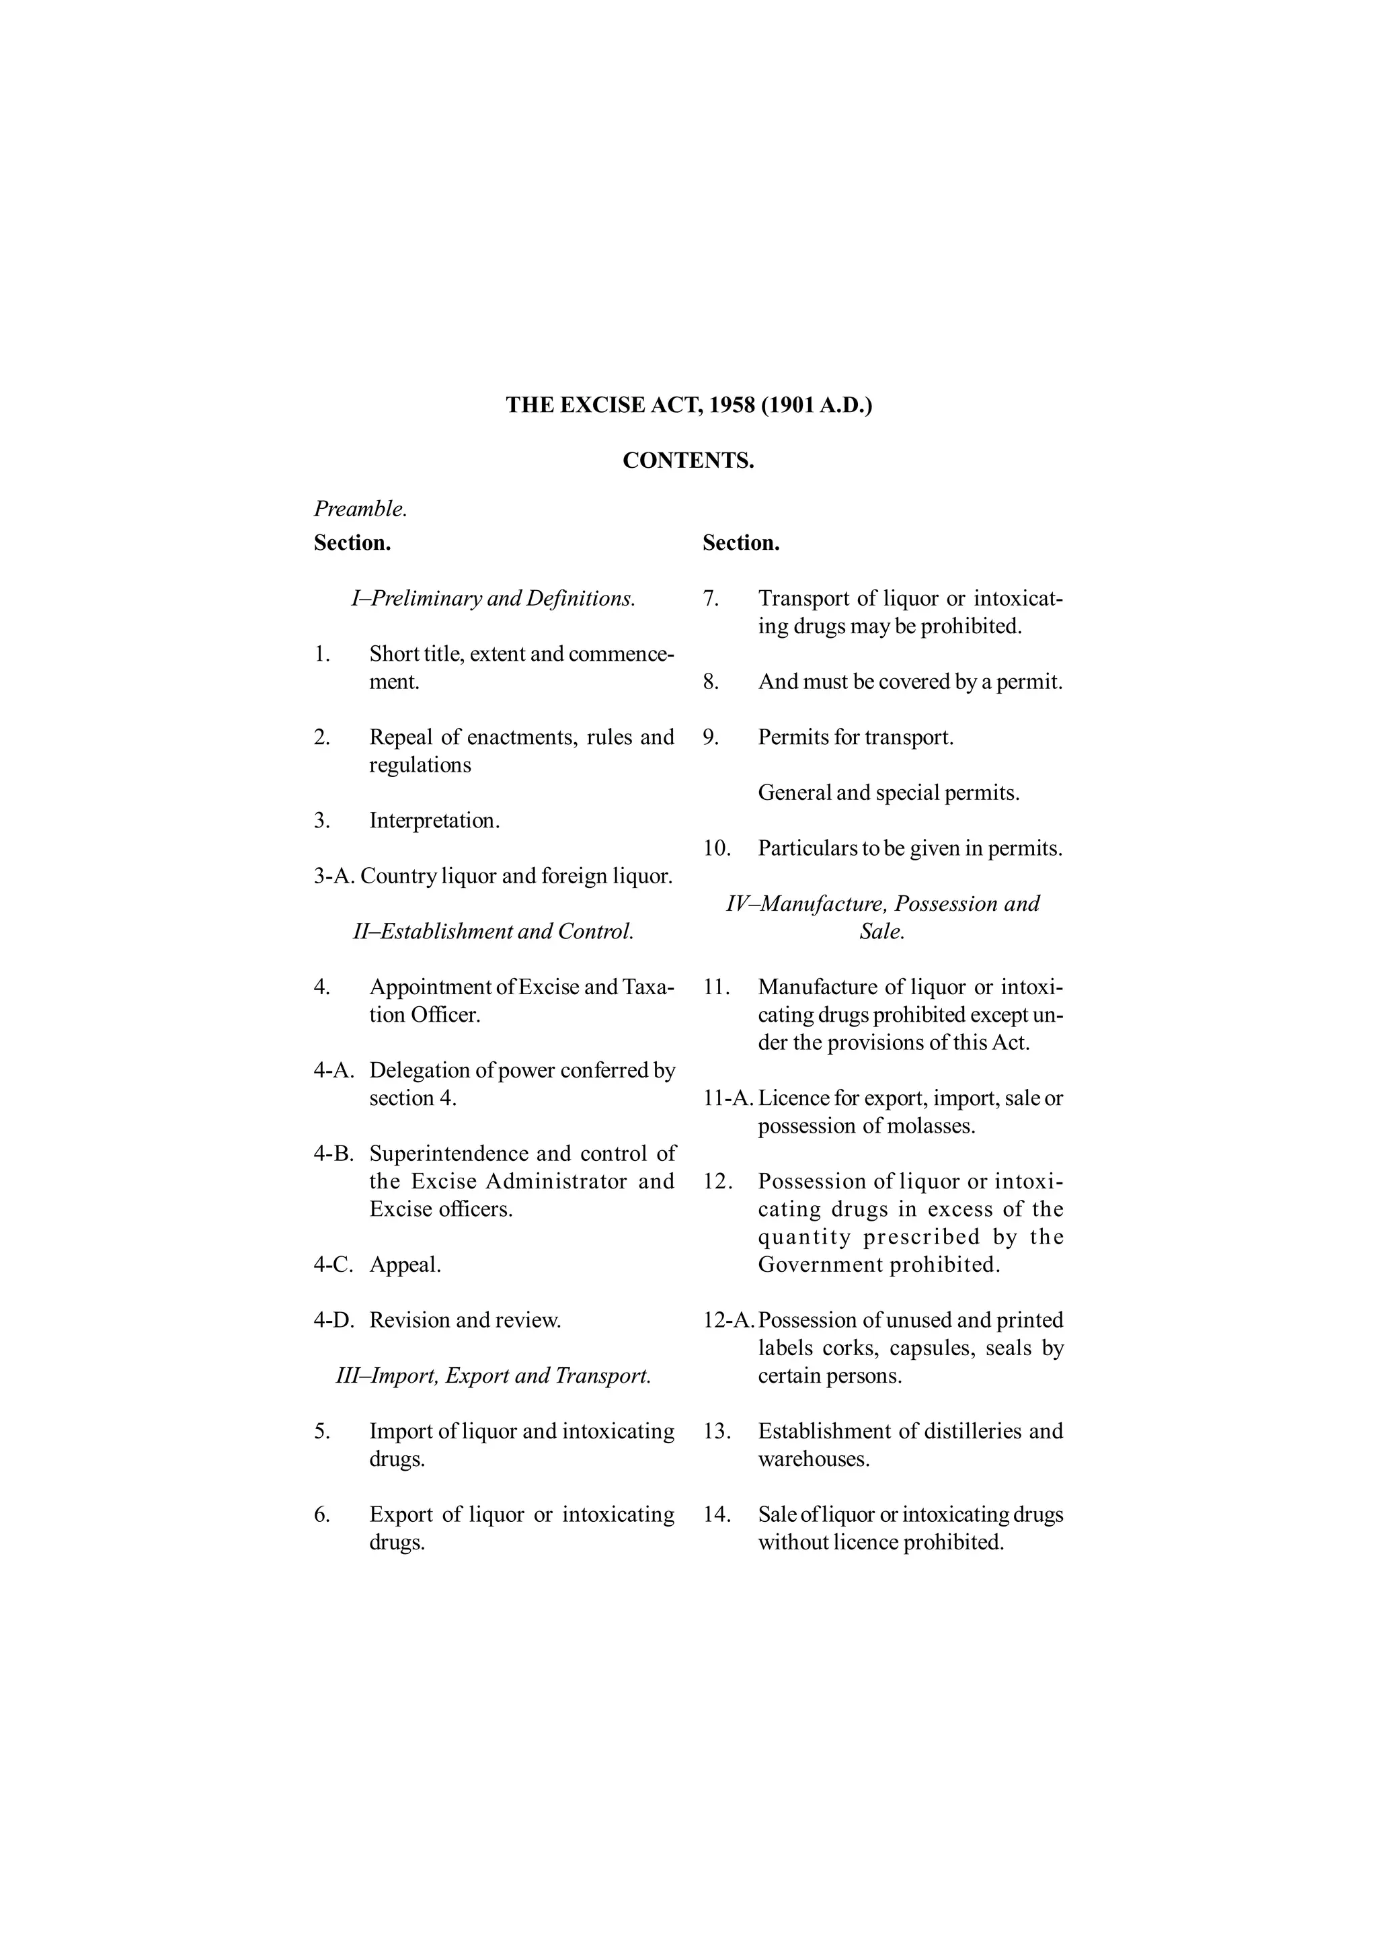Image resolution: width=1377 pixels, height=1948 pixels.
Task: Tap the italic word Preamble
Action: pyautogui.click(x=360, y=509)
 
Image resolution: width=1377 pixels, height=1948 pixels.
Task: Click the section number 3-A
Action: pyautogui.click(x=333, y=876)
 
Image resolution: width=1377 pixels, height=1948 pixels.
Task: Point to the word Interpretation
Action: pyautogui.click(x=434, y=821)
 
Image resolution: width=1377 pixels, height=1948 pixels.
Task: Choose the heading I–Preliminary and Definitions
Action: pyautogui.click(x=493, y=598)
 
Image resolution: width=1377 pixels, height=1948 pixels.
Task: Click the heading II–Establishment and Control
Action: pyautogui.click(x=493, y=932)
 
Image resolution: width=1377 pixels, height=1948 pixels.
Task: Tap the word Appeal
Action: pyautogui.click(x=405, y=1264)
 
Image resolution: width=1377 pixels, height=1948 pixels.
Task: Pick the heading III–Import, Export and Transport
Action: pyautogui.click(x=493, y=1375)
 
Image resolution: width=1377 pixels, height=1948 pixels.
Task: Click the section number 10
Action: pyautogui.click(x=717, y=848)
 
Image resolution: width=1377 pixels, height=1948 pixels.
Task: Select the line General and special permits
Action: pyautogui.click(x=888, y=793)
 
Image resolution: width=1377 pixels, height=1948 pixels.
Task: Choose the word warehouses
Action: pyautogui.click(x=814, y=1459)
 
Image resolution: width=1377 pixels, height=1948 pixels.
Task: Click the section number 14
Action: pyautogui.click(x=717, y=1514)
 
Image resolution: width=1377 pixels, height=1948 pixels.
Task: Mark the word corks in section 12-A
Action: pyautogui.click(x=849, y=1348)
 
